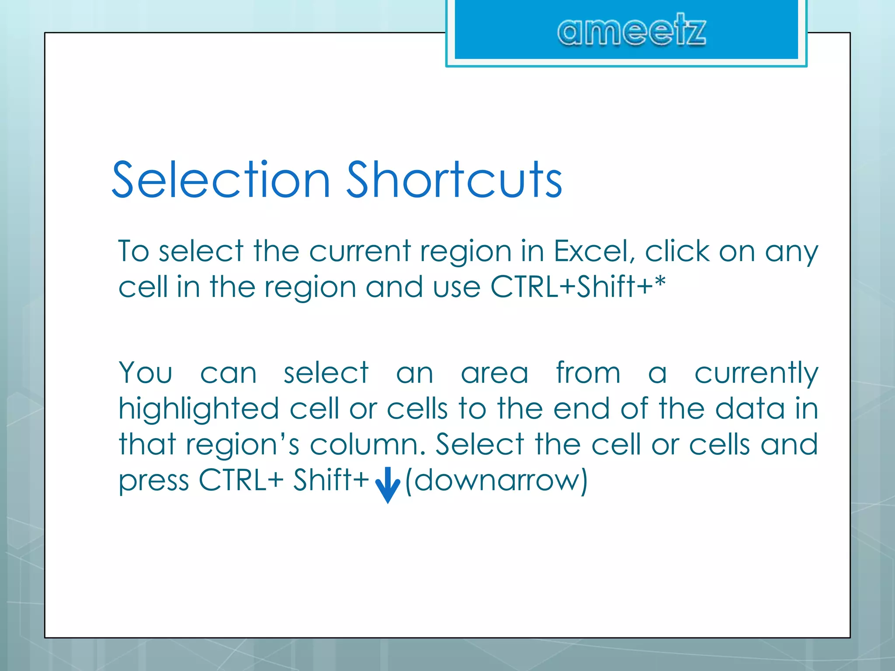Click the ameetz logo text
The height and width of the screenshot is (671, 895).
click(x=631, y=31)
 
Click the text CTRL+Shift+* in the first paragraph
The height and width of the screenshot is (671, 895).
click(x=578, y=287)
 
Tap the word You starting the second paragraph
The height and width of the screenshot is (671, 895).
click(x=146, y=374)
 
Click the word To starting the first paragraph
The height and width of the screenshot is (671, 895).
click(x=134, y=252)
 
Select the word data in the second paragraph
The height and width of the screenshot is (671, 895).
click(x=750, y=409)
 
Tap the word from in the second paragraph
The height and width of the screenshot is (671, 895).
click(x=588, y=374)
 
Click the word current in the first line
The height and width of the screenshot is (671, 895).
click(x=360, y=252)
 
